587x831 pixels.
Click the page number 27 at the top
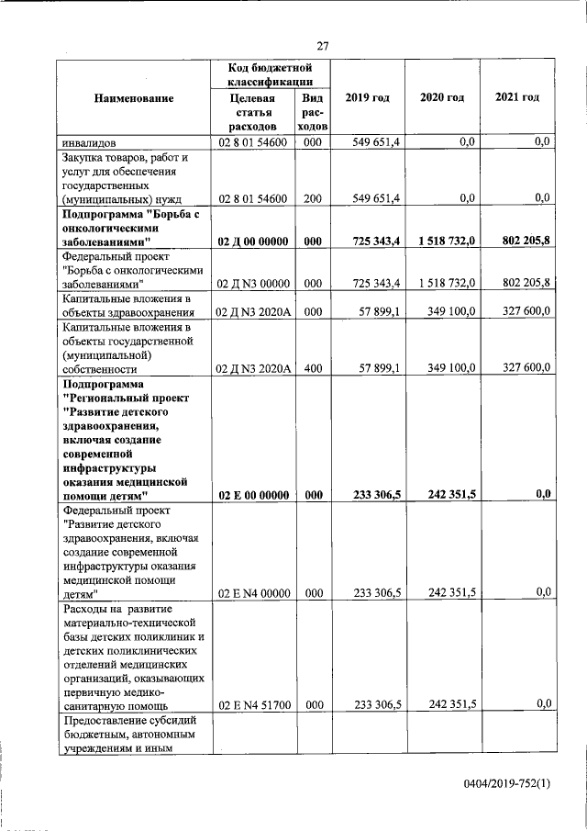click(x=323, y=46)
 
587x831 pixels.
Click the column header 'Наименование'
click(x=134, y=97)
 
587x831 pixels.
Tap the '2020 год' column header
click(x=442, y=97)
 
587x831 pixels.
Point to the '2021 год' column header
click(x=516, y=97)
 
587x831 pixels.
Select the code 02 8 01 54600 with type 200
click(x=252, y=198)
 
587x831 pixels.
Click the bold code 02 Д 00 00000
click(x=252, y=241)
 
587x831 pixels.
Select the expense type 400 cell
click(x=312, y=368)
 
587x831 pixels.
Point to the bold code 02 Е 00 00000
click(x=252, y=495)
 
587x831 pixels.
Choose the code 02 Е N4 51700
click(x=252, y=705)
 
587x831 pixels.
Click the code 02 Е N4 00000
click(x=252, y=593)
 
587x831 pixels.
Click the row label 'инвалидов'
click(x=88, y=143)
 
